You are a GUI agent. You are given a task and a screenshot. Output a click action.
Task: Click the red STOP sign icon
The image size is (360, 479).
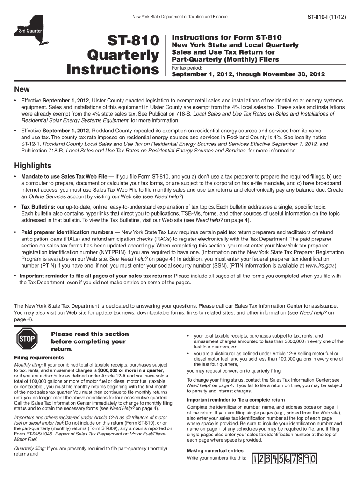(x=27, y=341)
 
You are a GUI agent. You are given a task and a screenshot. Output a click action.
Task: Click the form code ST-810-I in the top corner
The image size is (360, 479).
(x=320, y=16)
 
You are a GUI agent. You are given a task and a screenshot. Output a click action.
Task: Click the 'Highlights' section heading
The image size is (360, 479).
(x=33, y=166)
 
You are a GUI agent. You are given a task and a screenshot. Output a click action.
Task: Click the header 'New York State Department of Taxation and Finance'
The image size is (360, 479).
(x=180, y=16)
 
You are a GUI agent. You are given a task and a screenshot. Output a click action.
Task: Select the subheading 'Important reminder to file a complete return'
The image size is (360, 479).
(x=236, y=400)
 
